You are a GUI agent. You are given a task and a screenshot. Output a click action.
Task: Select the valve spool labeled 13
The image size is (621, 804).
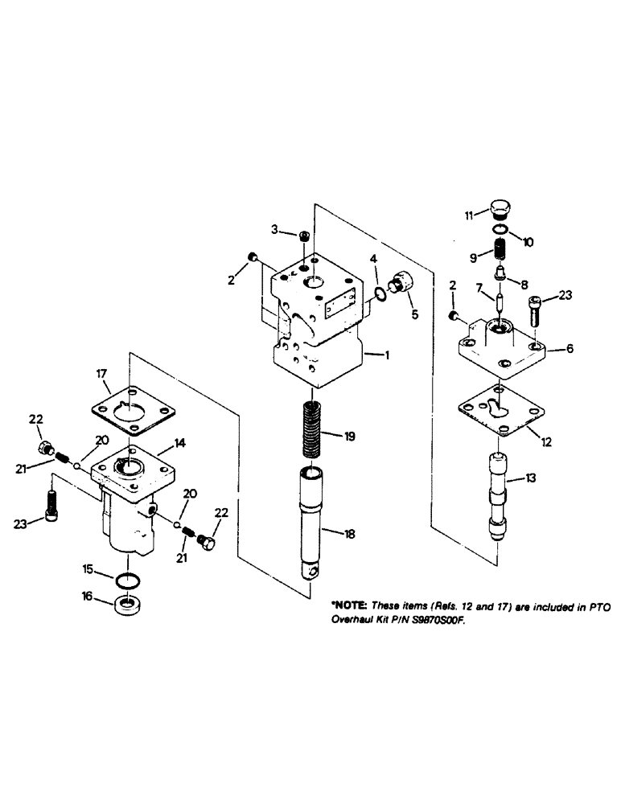497,497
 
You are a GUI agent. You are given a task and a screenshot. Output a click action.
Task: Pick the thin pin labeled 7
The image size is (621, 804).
500,305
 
